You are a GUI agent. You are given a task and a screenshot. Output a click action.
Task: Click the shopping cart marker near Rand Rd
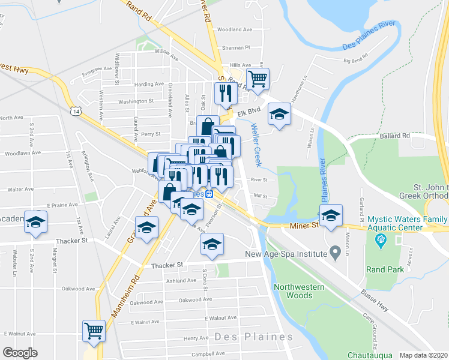click(x=258, y=79)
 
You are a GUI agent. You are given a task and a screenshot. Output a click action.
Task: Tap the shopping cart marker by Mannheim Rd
click(x=94, y=331)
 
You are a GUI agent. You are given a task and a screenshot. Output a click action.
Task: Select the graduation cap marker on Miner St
click(x=330, y=215)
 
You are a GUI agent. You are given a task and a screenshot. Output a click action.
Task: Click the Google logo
click(x=20, y=353)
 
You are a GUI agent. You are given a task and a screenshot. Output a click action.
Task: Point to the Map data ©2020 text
click(x=423, y=355)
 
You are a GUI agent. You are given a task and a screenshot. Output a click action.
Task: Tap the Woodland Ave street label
click(x=235, y=29)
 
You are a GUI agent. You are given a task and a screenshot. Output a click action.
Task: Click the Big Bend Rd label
click(x=355, y=61)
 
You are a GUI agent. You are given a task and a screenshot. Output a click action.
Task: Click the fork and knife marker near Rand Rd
click(x=226, y=93)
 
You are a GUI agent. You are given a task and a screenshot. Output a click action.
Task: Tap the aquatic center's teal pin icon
click(x=379, y=242)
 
